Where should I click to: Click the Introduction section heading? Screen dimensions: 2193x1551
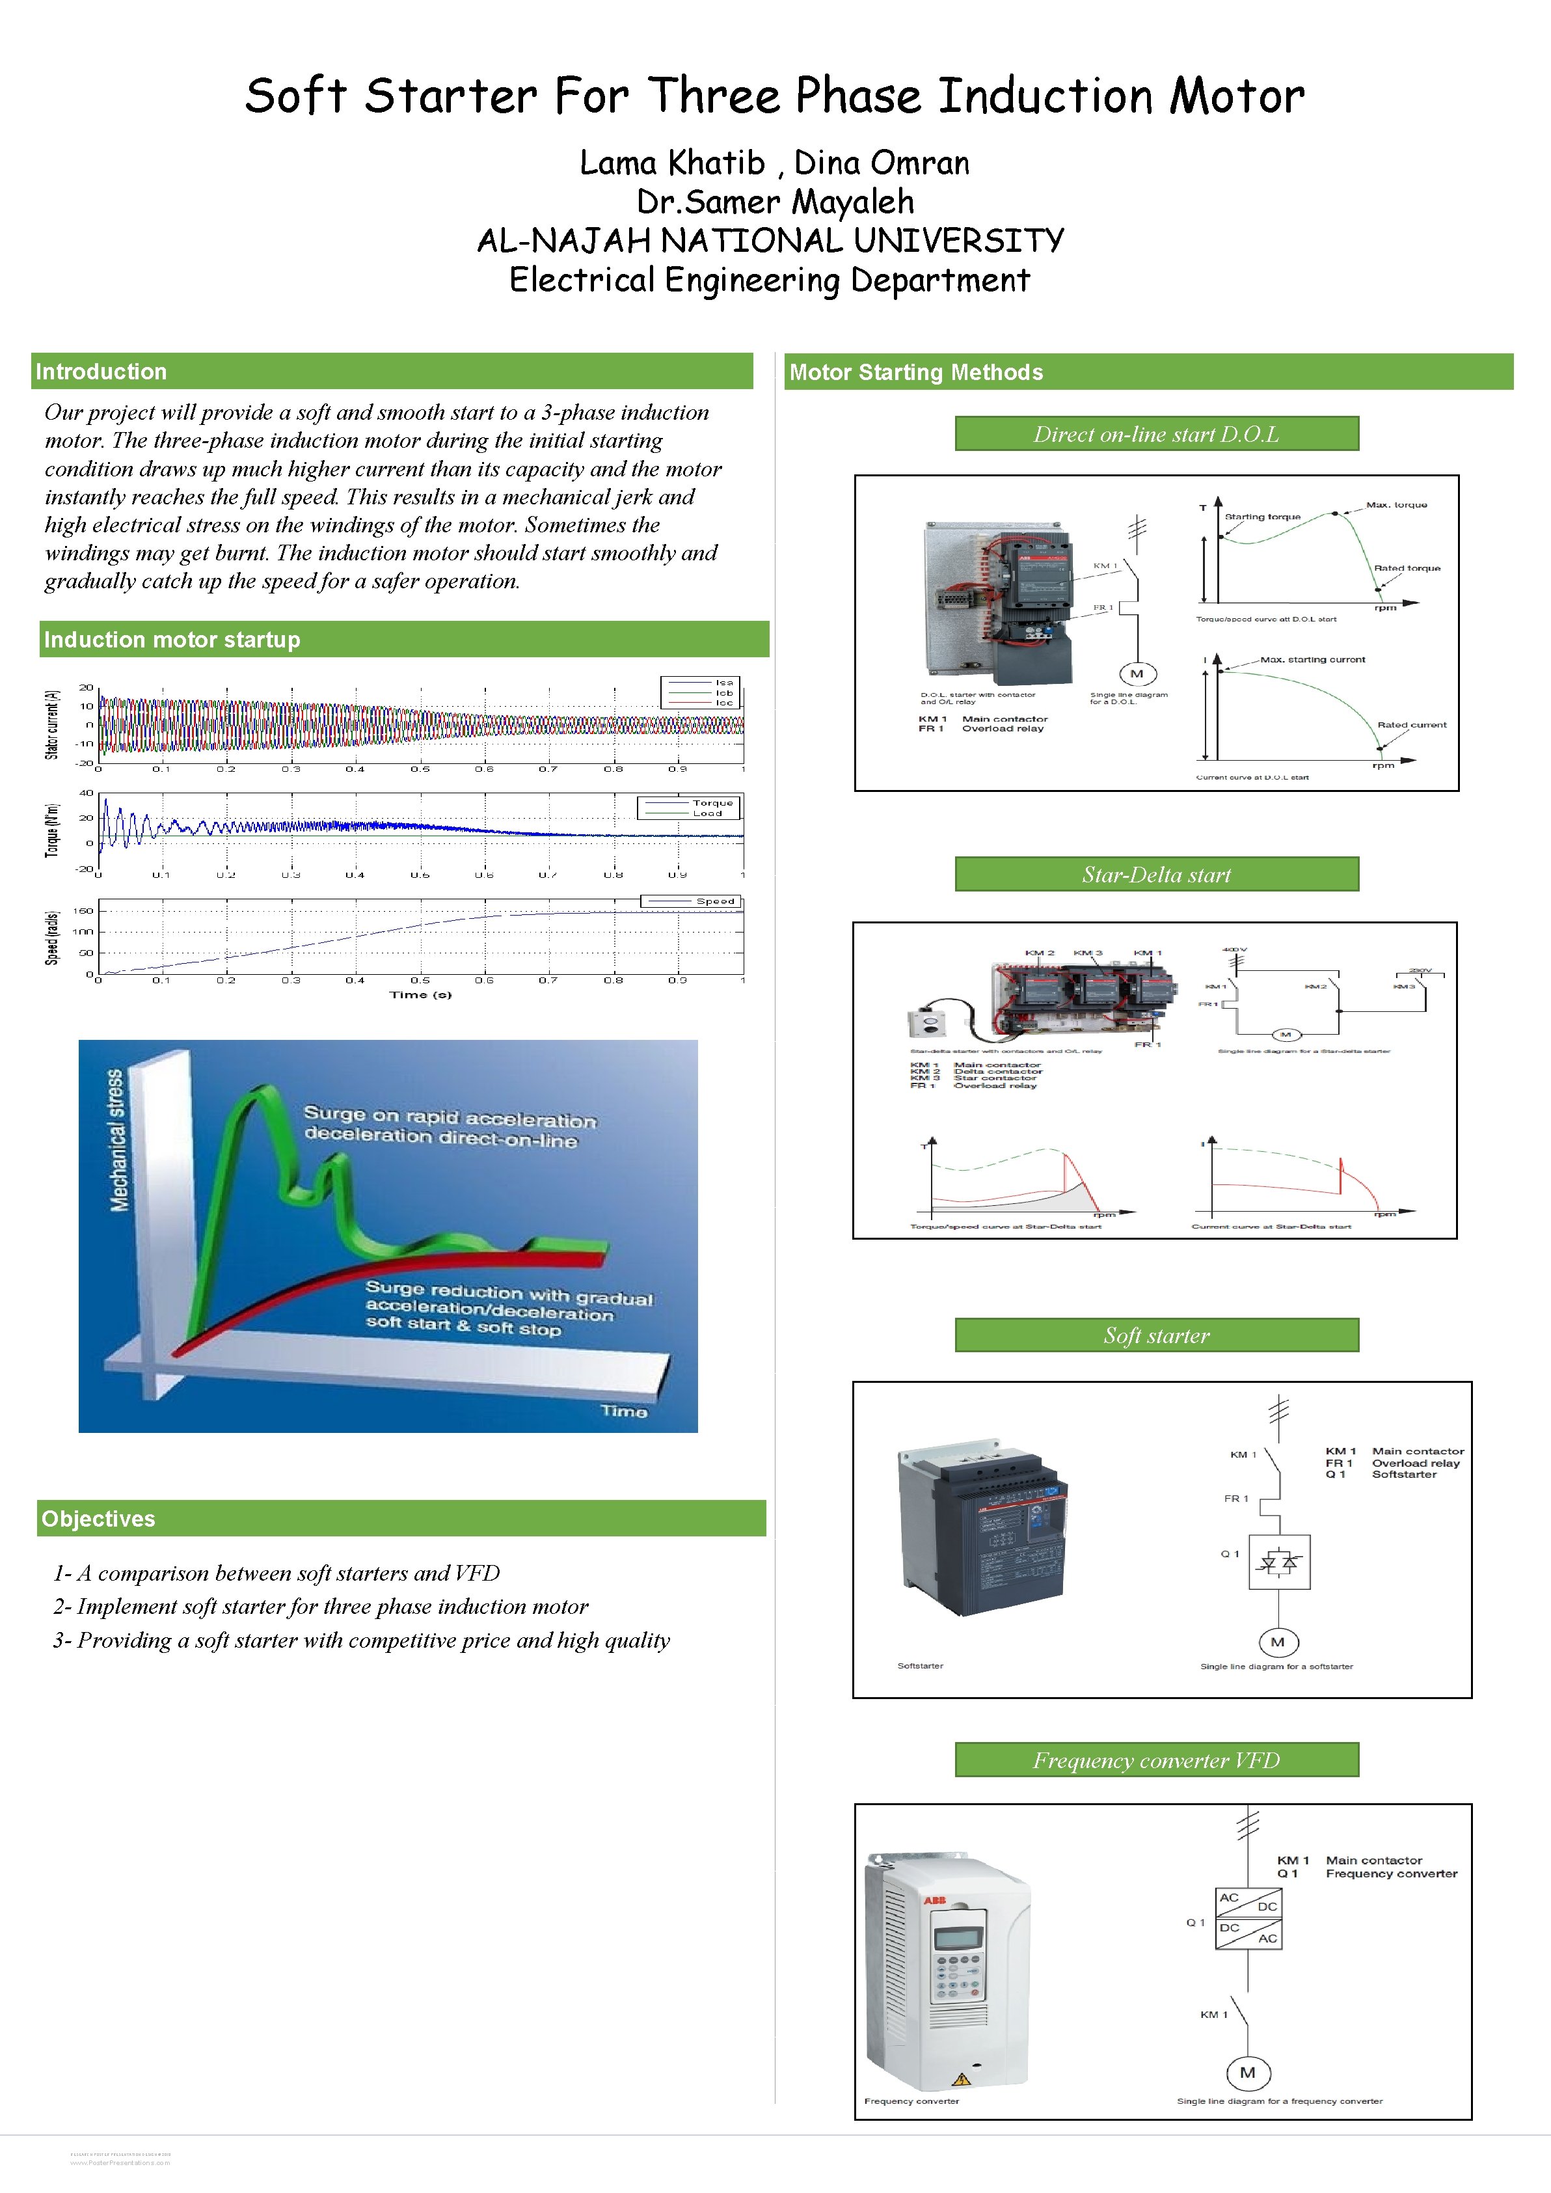101,372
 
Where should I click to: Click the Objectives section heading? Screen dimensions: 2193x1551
98,1519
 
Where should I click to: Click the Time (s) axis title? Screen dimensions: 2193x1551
420,994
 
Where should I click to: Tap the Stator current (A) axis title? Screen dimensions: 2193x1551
53,724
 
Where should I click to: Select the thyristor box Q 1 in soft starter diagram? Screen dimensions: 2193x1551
1279,1562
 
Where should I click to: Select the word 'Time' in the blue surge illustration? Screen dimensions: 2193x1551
624,1411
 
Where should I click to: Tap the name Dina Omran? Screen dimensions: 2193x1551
882,163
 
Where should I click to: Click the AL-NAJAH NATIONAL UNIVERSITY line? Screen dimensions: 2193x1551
770,241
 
